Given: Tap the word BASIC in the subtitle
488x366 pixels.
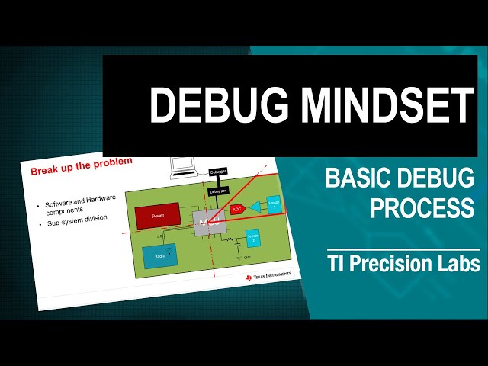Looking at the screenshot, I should (358, 178).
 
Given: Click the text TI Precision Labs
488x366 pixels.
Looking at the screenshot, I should (403, 265).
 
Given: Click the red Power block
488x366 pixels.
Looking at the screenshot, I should (158, 216).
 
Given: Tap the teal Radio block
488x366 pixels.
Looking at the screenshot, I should (159, 255).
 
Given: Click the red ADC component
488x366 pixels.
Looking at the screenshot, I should (236, 208).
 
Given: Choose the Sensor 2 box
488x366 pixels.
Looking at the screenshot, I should (252, 238).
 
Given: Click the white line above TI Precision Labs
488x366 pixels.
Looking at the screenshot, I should (403, 249).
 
